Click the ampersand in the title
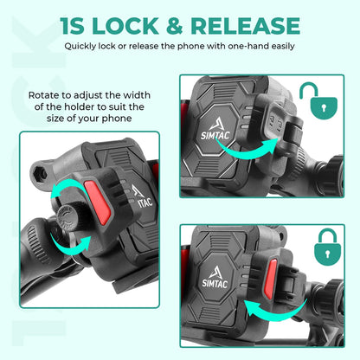180,26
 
